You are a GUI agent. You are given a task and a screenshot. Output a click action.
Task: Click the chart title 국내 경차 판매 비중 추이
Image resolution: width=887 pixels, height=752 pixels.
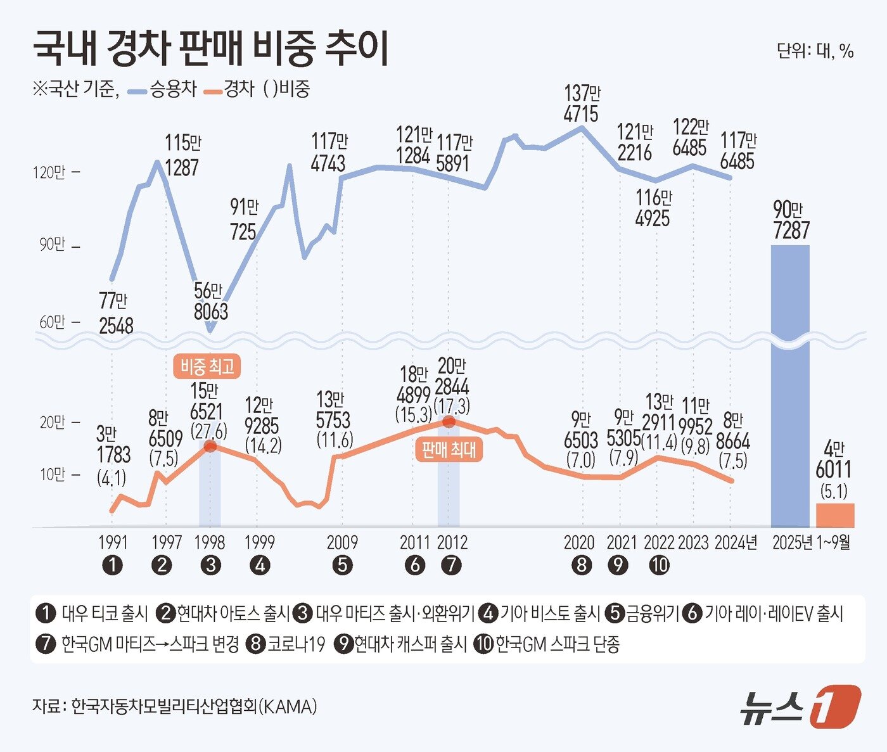(x=210, y=48)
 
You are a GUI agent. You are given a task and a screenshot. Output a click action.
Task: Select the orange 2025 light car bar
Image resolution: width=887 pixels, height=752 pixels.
(x=834, y=515)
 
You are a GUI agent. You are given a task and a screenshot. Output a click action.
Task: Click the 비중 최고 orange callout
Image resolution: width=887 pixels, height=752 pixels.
(x=207, y=367)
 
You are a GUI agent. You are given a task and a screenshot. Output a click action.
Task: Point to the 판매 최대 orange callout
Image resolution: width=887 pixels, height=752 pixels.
(x=449, y=450)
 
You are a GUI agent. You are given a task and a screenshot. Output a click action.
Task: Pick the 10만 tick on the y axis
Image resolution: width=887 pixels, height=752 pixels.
(x=53, y=475)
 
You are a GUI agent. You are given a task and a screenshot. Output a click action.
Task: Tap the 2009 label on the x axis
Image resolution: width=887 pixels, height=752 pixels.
(x=342, y=543)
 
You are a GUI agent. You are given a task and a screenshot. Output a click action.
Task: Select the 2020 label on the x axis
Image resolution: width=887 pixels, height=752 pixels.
(x=579, y=543)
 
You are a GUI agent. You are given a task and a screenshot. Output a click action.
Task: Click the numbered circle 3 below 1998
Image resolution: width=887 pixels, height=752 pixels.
(x=210, y=565)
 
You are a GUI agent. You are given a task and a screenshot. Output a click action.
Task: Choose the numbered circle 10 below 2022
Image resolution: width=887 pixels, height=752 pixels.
(x=659, y=565)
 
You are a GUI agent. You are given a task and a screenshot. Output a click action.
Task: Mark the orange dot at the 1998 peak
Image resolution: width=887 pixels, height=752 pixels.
(x=210, y=446)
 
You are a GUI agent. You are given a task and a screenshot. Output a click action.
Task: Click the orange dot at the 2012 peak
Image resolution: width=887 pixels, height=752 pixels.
(x=449, y=421)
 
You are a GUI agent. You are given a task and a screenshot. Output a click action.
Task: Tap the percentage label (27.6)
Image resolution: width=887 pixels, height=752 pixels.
(x=208, y=431)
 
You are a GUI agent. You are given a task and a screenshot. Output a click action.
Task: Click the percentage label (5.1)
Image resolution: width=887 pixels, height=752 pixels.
(x=834, y=491)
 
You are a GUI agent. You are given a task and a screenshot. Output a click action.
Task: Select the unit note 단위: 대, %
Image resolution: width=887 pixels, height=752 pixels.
(x=815, y=51)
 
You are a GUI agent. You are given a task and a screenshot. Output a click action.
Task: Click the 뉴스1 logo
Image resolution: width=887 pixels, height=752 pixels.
(x=800, y=706)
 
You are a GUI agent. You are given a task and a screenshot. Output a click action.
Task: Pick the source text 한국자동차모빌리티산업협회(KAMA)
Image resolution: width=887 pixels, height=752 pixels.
(x=194, y=706)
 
